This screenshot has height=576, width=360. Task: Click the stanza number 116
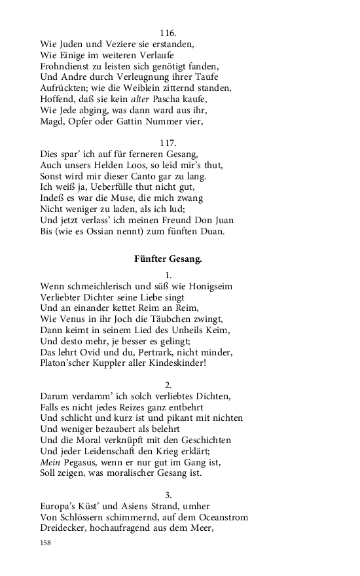tap(168, 32)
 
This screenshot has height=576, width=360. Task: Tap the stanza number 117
tap(168, 143)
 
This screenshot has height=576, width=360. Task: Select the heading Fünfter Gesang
tap(168, 259)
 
